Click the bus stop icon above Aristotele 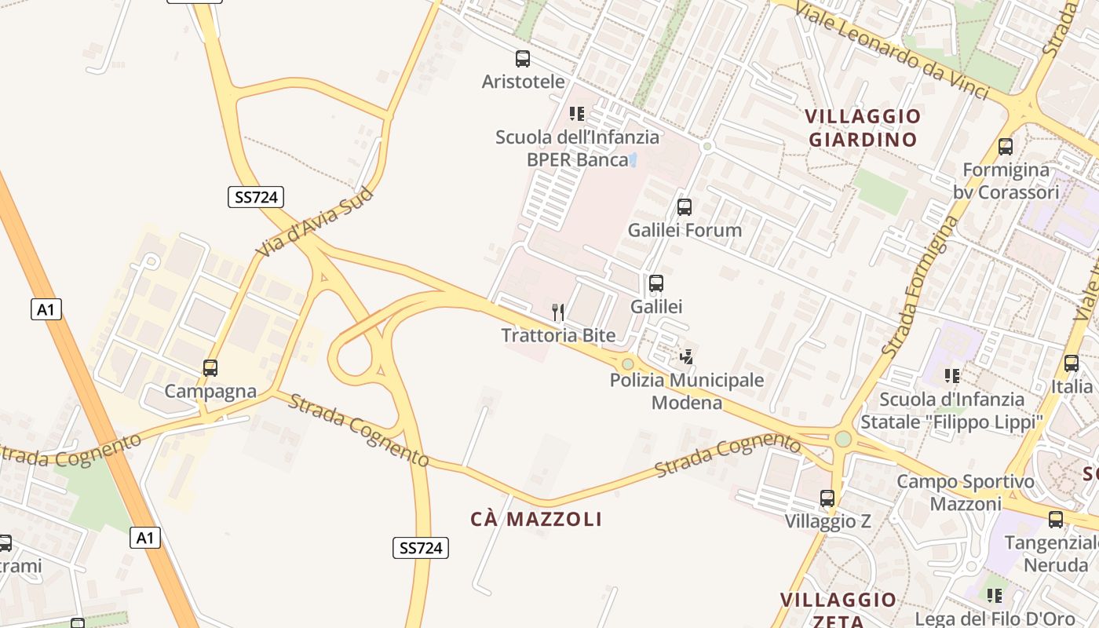coord(523,59)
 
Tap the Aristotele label coord(523,82)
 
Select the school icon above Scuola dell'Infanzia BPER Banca coord(577,114)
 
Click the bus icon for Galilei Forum coord(685,207)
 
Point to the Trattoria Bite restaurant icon coord(558,312)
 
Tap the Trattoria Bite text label coord(558,336)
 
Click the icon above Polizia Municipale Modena coord(687,357)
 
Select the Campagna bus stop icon coord(210,368)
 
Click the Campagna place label coord(210,391)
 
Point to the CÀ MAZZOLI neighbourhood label coord(536,519)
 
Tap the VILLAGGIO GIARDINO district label coord(863,128)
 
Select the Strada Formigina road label coord(921,286)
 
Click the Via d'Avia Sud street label coord(314,221)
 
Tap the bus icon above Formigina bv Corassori coord(1006,147)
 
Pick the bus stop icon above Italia coord(1072,363)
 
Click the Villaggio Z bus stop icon coord(827,498)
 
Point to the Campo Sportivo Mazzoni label coord(966,492)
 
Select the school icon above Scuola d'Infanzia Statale coord(952,376)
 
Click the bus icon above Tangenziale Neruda coord(1056,519)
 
